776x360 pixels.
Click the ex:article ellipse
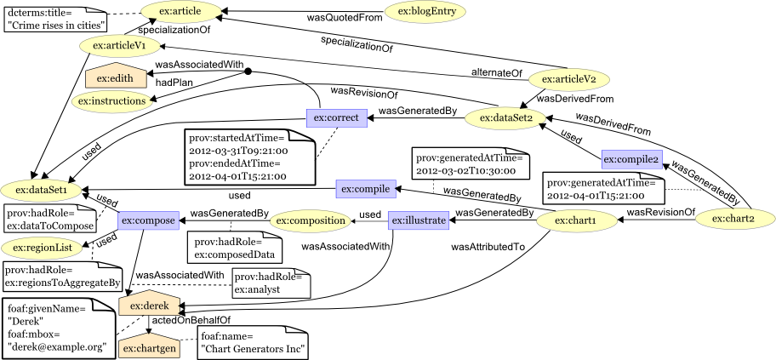pyautogui.click(x=180, y=11)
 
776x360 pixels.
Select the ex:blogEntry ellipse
pyautogui.click(x=425, y=11)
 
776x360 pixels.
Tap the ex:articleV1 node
pyautogui.click(x=119, y=44)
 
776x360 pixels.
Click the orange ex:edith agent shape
pyautogui.click(x=116, y=77)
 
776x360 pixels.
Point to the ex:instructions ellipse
pyautogui.click(x=112, y=101)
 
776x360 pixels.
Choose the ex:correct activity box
pyautogui.click(x=336, y=117)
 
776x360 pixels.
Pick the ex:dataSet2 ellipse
pyautogui.click(x=505, y=118)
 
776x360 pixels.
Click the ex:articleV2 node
pyautogui.click(x=569, y=79)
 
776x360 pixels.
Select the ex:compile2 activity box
pyautogui.click(x=631, y=159)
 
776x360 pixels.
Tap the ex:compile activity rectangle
pyautogui.click(x=366, y=188)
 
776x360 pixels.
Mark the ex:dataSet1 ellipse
pyautogui.click(x=41, y=190)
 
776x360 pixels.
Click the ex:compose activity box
pyautogui.click(x=148, y=221)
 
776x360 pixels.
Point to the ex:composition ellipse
pyautogui.click(x=311, y=221)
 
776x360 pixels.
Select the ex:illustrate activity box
pyautogui.click(x=418, y=221)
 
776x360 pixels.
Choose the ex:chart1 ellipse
pyautogui.click(x=576, y=221)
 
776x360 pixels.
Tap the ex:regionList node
pyautogui.click(x=42, y=248)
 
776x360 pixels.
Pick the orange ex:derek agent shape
pyautogui.click(x=150, y=305)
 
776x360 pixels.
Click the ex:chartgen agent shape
pyautogui.click(x=150, y=347)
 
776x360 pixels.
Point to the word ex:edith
pyautogui.click(x=116, y=78)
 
